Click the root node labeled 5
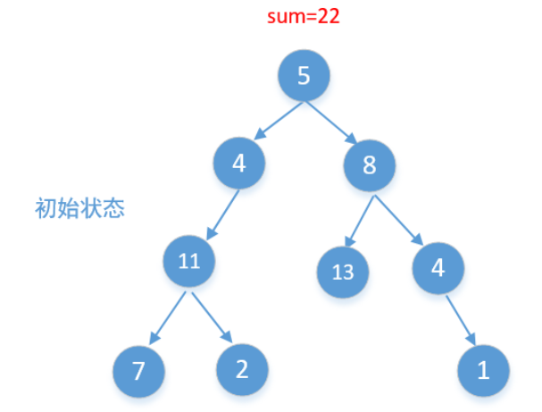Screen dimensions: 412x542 click(304, 76)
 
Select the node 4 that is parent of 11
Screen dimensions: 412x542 click(239, 164)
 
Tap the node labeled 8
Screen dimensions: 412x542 click(370, 164)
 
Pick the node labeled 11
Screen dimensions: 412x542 click(189, 262)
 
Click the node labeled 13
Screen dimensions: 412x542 click(343, 271)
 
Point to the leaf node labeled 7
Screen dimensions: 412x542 click(139, 370)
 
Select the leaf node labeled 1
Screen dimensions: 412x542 click(483, 370)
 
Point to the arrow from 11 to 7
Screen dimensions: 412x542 click(166, 315)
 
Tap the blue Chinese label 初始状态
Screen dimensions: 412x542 click(79, 209)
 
